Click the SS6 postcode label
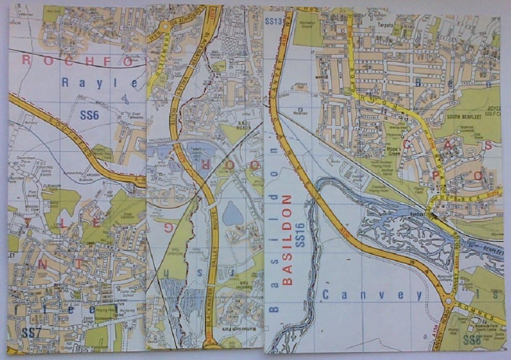[x=89, y=115]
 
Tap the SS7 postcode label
[x=31, y=332]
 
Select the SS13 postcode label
[x=274, y=21]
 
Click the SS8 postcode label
[x=471, y=340]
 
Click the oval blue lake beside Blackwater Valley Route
[x=233, y=213]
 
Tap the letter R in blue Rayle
[x=65, y=82]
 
